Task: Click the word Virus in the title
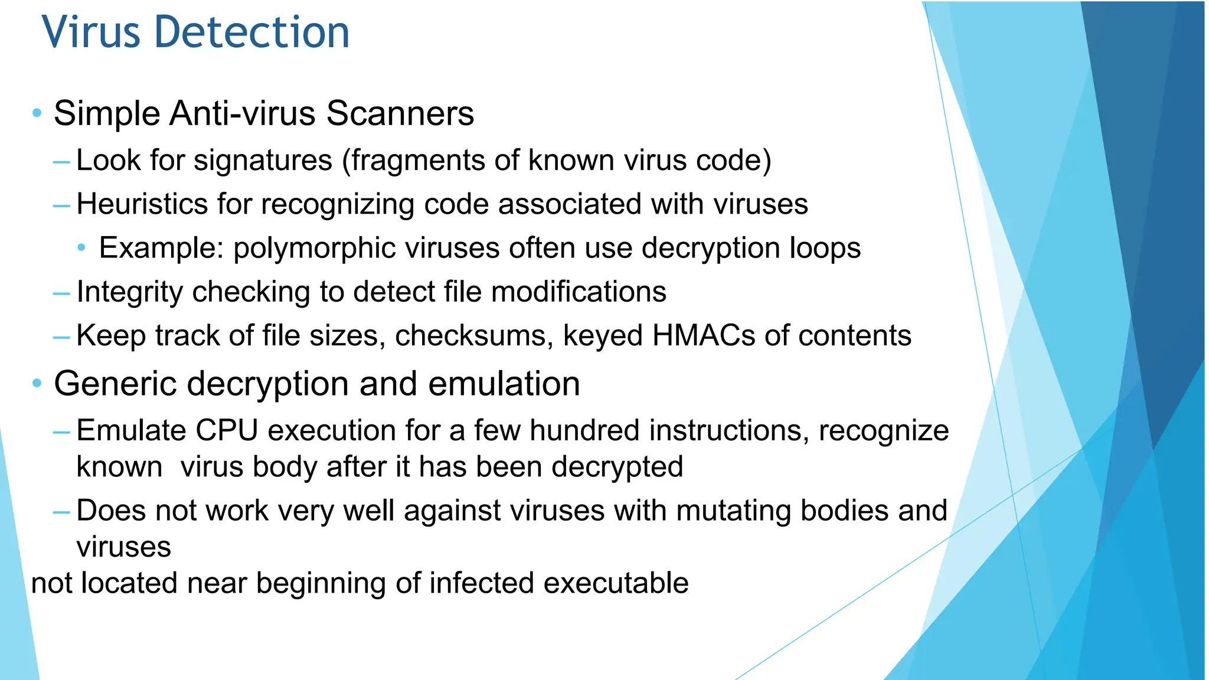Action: [x=91, y=32]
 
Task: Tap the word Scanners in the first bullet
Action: [x=400, y=113]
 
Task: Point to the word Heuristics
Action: [x=142, y=204]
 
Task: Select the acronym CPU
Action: [x=227, y=430]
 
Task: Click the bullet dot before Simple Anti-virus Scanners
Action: [x=37, y=113]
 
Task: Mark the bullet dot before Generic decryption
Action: [x=37, y=384]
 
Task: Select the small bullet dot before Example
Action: [x=82, y=247]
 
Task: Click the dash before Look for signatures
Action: [x=61, y=161]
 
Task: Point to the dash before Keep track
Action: [x=61, y=337]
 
